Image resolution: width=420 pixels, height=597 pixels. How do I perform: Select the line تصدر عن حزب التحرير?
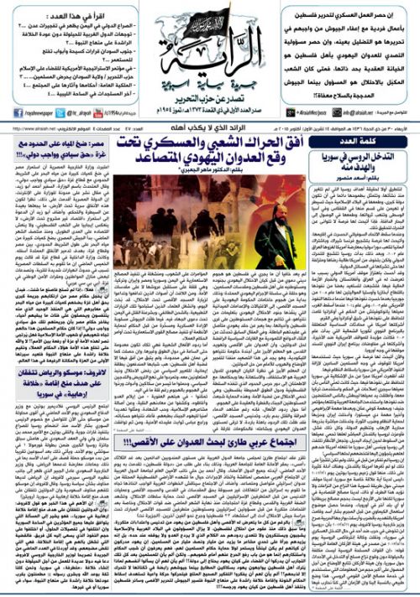[x=210, y=98]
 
